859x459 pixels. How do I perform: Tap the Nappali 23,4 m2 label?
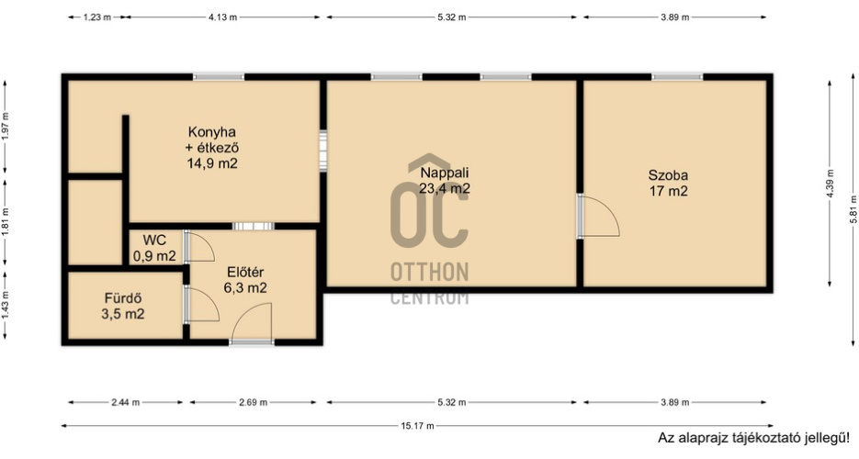(x=445, y=181)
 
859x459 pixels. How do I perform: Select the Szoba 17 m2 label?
(x=668, y=184)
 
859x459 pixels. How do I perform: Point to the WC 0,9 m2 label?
(x=154, y=249)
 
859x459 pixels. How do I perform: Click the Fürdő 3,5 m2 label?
(x=123, y=307)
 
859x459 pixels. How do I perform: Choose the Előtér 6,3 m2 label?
(x=245, y=280)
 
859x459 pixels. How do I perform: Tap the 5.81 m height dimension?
(x=853, y=209)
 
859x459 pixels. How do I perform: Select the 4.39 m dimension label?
(x=830, y=184)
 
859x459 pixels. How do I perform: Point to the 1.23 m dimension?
(x=97, y=17)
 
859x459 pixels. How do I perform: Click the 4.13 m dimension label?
(x=222, y=17)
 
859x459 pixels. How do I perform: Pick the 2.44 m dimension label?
(x=126, y=403)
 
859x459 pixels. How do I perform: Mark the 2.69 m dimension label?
(x=253, y=403)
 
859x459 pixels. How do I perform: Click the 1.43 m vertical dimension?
(x=6, y=306)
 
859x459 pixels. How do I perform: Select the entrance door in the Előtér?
(x=252, y=324)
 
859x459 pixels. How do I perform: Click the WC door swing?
(x=199, y=246)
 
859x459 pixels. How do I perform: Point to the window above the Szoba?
(x=676, y=76)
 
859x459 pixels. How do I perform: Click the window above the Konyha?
(x=219, y=76)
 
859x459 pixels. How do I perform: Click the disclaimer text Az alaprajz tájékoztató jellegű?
(x=753, y=438)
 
